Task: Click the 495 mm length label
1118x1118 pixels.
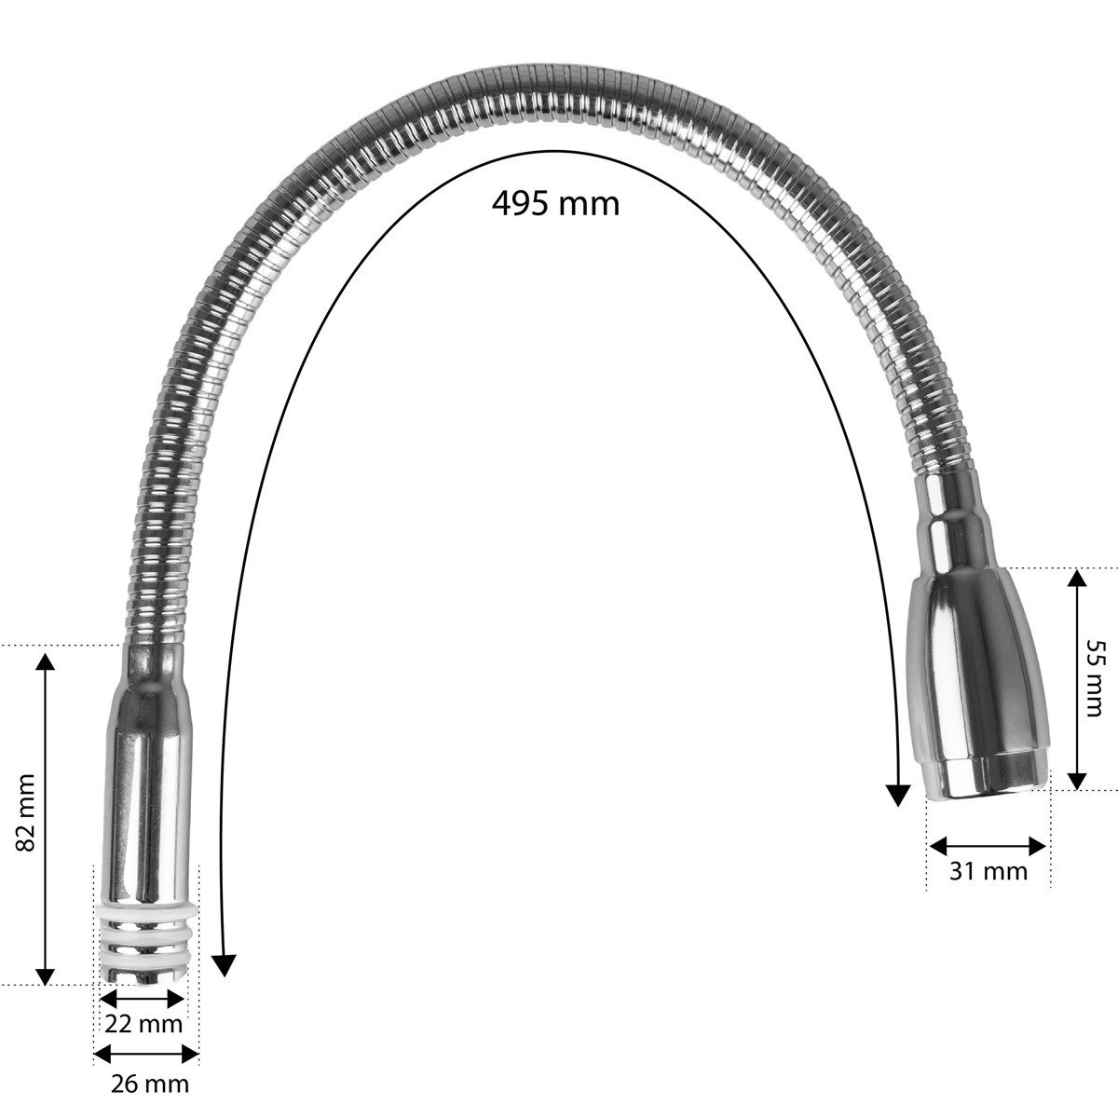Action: (x=556, y=204)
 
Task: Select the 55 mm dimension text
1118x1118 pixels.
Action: (x=1093, y=678)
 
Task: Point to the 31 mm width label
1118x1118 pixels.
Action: (x=988, y=887)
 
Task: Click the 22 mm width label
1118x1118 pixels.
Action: (x=143, y=1023)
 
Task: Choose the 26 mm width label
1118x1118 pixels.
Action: (x=150, y=1084)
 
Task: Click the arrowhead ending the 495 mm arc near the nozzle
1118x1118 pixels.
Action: (x=898, y=795)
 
